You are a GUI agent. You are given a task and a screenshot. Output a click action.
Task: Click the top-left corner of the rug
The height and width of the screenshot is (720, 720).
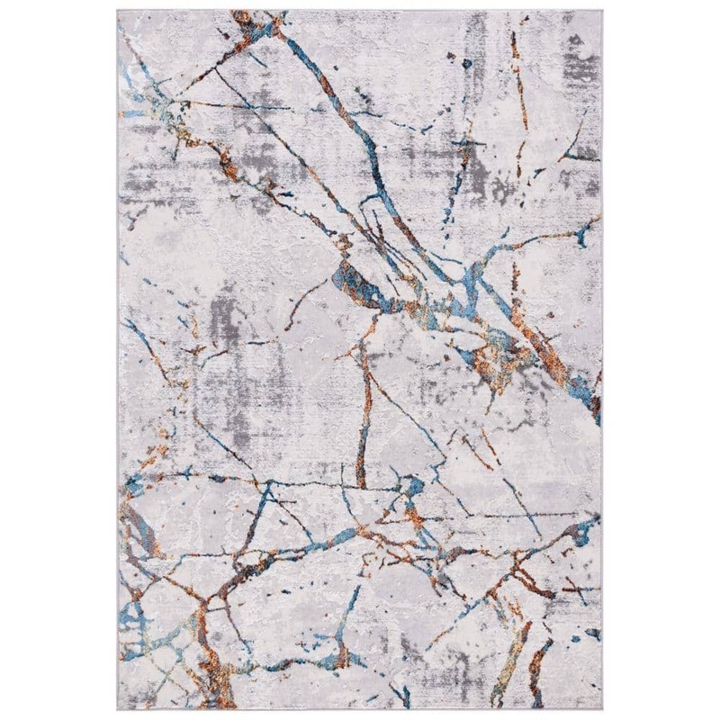point(117,11)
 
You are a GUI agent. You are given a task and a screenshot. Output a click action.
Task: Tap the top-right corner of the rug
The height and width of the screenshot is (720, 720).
point(601,11)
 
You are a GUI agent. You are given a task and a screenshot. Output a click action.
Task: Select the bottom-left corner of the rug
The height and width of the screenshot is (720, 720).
point(117,709)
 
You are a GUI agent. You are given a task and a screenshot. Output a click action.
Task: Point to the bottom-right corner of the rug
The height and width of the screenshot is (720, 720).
point(601,709)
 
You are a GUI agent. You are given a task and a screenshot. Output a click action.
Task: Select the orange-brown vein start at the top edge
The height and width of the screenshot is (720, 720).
point(241,18)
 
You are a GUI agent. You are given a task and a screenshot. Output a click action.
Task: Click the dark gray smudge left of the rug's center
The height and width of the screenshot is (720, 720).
point(220,315)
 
